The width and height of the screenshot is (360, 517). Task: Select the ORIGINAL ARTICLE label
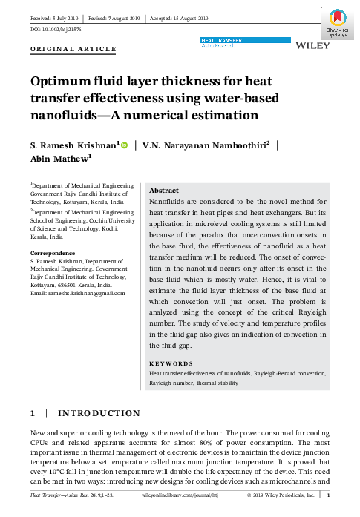(73, 49)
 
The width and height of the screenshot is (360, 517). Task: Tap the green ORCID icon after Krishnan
(124, 146)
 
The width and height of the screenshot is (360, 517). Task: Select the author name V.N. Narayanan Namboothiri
(205, 146)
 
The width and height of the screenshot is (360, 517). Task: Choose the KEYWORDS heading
(170, 363)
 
